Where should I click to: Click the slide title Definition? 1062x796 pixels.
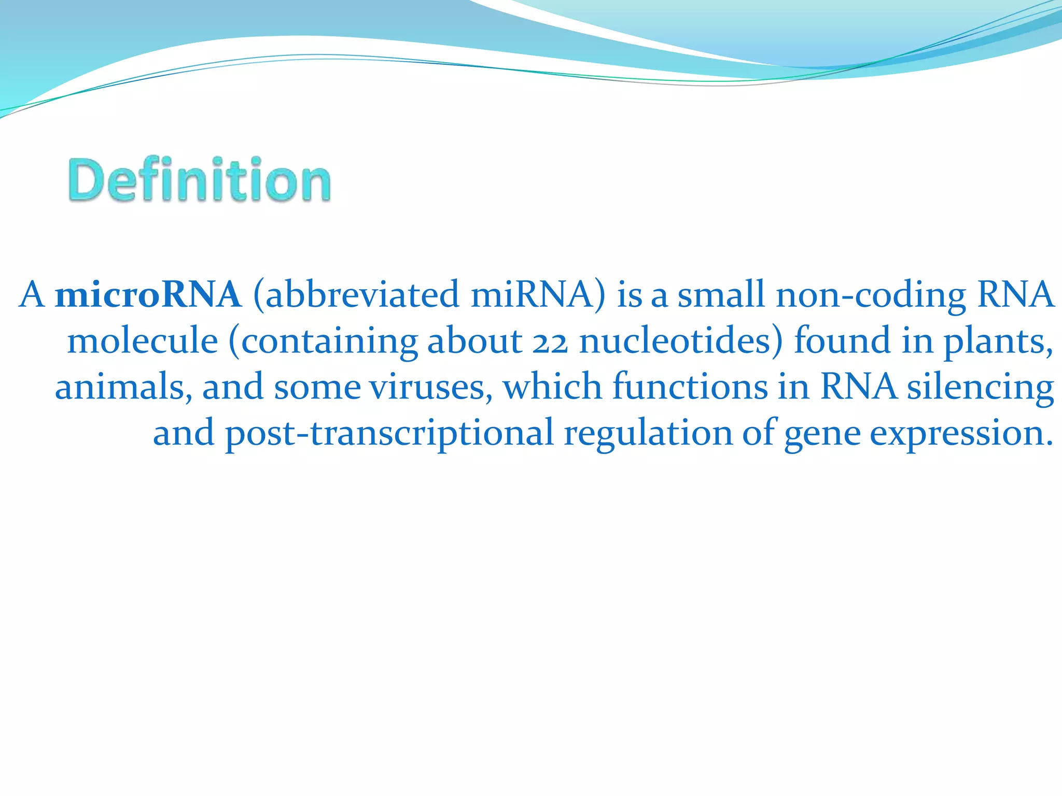(x=199, y=179)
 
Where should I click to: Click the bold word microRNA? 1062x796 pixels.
(x=148, y=294)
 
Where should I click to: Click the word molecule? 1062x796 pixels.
(x=143, y=341)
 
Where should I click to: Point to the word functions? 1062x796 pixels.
(x=690, y=387)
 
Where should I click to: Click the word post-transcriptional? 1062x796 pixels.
(x=389, y=433)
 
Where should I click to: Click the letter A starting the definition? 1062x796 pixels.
(x=32, y=294)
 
